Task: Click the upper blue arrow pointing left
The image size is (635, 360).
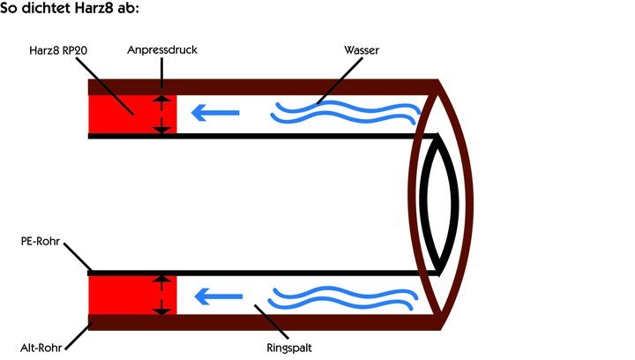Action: click(x=216, y=113)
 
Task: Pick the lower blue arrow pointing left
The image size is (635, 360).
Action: click(x=216, y=296)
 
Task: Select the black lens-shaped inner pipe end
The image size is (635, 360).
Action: click(x=439, y=204)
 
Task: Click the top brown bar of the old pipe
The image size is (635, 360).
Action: click(x=265, y=86)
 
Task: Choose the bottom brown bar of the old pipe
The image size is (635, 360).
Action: click(x=265, y=323)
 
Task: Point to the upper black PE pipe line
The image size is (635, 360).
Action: click(x=265, y=135)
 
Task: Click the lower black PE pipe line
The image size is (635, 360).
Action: click(x=265, y=274)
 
